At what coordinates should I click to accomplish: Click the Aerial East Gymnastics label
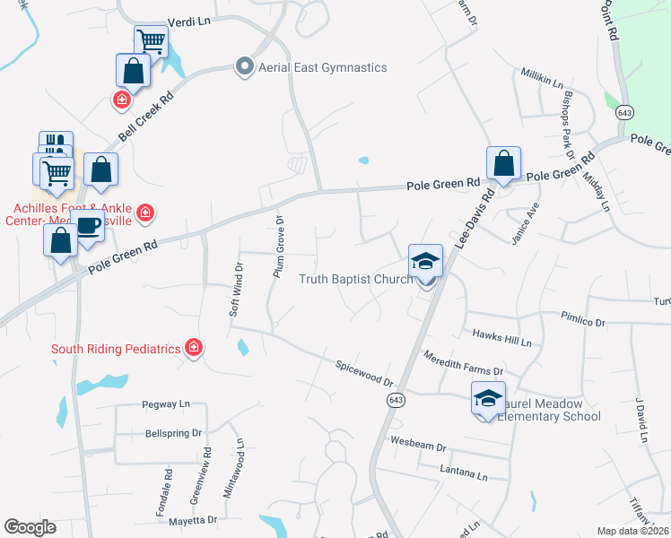pos(322,67)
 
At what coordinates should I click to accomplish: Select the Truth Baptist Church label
pos(355,279)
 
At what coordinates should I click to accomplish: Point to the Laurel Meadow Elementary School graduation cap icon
pos(489,398)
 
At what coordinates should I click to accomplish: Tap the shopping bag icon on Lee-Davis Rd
pos(503,163)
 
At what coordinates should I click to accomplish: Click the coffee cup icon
pos(88,225)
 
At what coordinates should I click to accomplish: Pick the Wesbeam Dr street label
pos(419,443)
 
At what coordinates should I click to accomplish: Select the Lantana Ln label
pos(463,473)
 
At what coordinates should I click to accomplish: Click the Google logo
pos(30,527)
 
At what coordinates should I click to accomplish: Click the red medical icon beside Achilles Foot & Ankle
pos(146,213)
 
